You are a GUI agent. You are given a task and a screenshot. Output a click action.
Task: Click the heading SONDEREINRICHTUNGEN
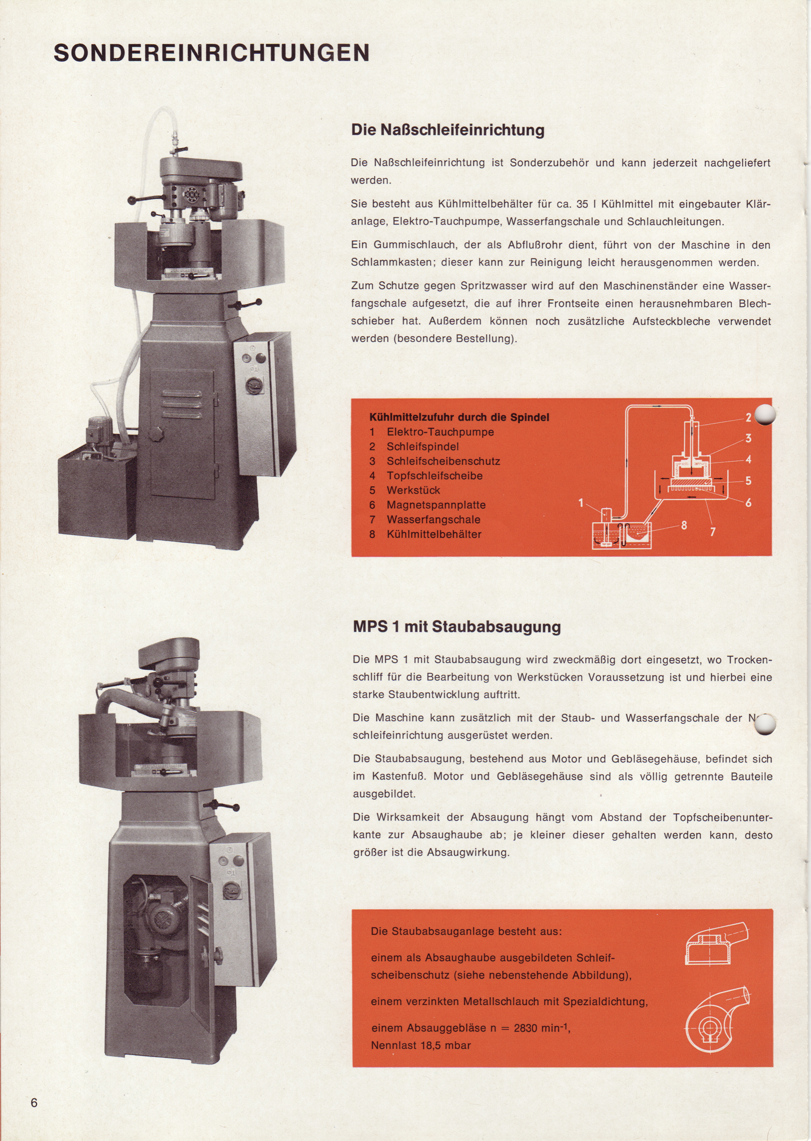pos(212,53)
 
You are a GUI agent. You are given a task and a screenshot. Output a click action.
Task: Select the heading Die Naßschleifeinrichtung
pos(447,130)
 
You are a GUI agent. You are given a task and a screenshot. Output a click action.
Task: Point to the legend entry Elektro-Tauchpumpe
pos(440,432)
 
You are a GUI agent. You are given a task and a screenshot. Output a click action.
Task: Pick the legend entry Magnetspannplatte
pos(436,505)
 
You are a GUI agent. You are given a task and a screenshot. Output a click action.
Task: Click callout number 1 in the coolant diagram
pos(581,503)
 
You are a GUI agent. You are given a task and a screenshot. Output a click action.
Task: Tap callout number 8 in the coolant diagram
pos(684,525)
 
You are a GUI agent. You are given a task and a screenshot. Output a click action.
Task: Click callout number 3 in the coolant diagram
pos(748,438)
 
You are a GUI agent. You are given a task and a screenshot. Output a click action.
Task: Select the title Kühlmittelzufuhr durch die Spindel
pos(459,417)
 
